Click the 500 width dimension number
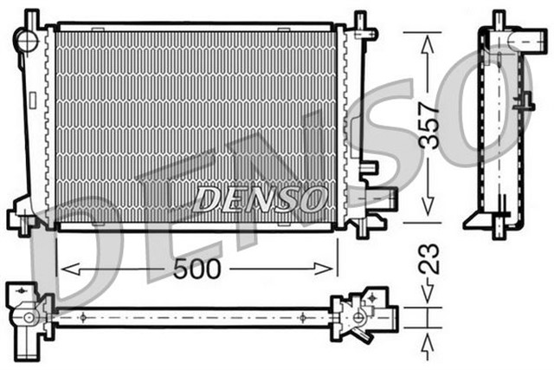coord(197,269)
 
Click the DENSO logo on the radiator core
coord(259,199)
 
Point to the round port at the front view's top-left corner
coord(27,39)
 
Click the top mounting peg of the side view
coord(498,19)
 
